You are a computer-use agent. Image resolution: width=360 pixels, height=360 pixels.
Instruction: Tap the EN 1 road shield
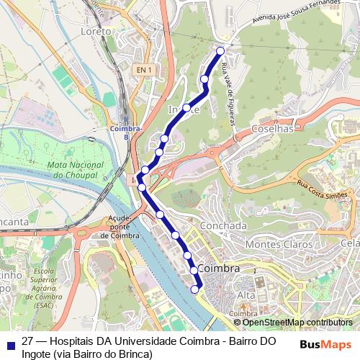pos(143,70)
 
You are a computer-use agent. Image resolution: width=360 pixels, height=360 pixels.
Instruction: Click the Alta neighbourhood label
pos(247,295)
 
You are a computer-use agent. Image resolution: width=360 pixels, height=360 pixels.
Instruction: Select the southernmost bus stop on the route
pos(194,289)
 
